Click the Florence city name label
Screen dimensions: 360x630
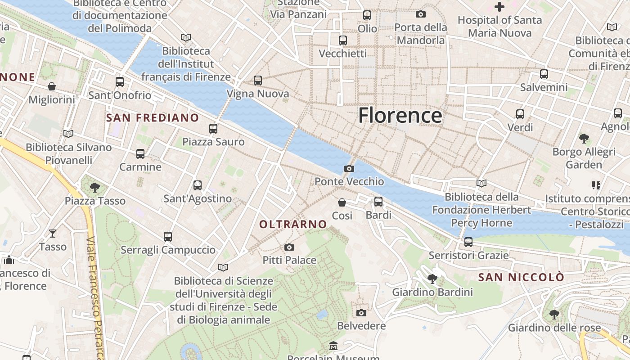pos(400,116)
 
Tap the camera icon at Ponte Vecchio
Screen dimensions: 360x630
pos(349,169)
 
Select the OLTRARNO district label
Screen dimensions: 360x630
pos(293,224)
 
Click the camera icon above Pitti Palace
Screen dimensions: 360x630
pos(289,247)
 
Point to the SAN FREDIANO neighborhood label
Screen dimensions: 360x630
pos(152,118)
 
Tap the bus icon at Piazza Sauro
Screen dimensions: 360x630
pos(213,129)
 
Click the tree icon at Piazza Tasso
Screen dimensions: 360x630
pos(94,187)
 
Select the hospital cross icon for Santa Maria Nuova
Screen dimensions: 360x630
pos(499,7)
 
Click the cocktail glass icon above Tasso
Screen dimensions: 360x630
pos(53,233)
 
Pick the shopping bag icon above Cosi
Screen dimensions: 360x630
pos(342,202)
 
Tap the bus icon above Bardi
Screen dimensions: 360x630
pos(378,201)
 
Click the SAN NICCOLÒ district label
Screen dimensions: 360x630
pos(521,277)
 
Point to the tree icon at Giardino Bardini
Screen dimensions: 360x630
pos(432,279)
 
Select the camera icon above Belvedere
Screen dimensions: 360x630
pos(361,313)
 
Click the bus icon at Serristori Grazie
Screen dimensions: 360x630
pos(468,242)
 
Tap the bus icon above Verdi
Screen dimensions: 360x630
pos(520,114)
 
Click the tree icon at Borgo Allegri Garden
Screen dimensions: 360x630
pos(584,138)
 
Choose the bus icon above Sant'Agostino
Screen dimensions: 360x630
pos(198,185)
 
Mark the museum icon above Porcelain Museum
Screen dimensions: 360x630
pos(333,346)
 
